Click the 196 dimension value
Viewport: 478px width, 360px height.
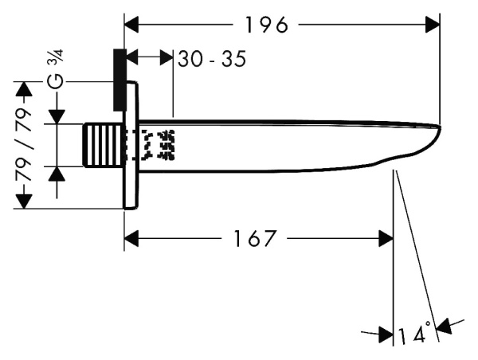pyautogui.click(x=267, y=25)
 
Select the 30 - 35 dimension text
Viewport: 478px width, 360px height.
pyautogui.click(x=211, y=58)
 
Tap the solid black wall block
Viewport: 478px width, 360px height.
pyautogui.click(x=119, y=80)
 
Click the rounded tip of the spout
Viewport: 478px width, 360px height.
pyautogui.click(x=437, y=127)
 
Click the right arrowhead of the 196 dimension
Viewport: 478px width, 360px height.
pyautogui.click(x=433, y=25)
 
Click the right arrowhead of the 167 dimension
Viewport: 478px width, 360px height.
pyautogui.click(x=386, y=237)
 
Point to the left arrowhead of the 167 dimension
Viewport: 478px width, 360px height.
pyautogui.click(x=132, y=237)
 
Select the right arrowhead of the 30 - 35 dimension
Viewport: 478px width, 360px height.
pyautogui.click(x=166, y=57)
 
